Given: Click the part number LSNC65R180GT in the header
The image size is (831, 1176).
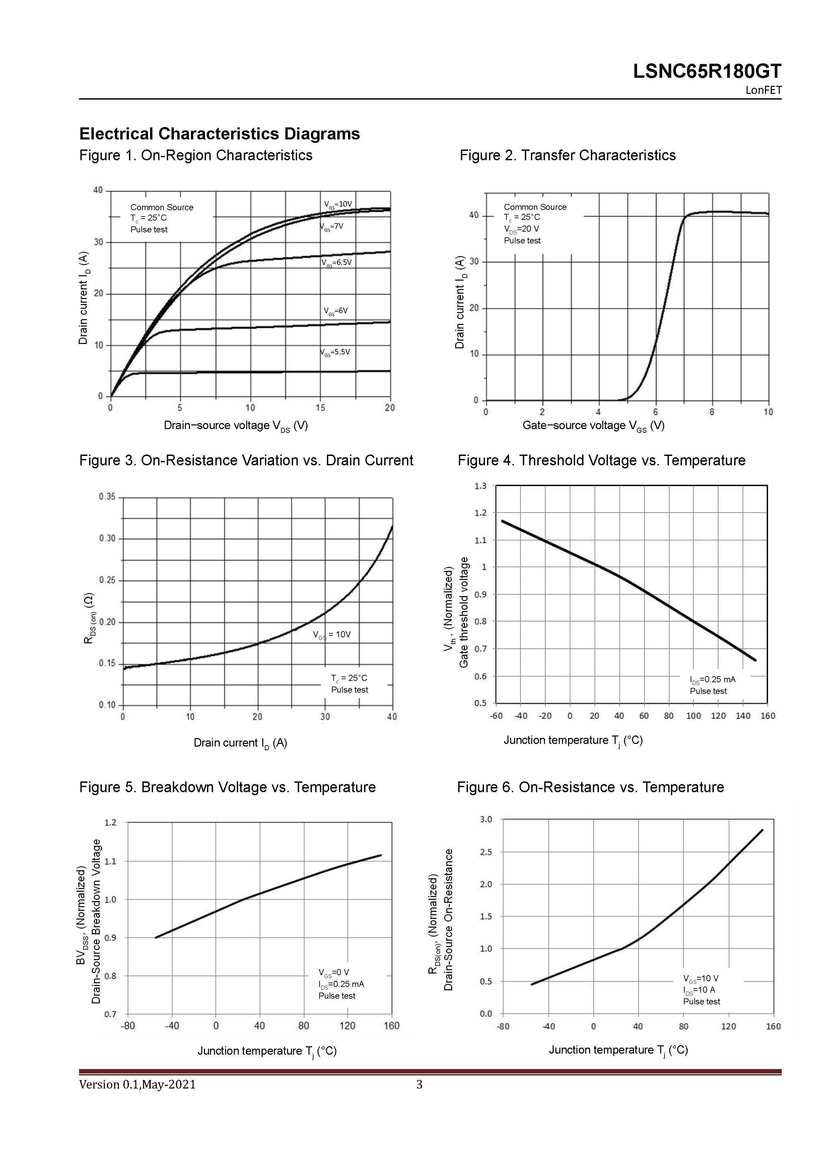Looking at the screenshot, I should (x=707, y=71).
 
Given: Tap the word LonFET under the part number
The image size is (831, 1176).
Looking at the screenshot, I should (x=763, y=90).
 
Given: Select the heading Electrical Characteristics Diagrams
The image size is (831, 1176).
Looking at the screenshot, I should (x=219, y=134).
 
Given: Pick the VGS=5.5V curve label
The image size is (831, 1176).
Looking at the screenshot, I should (x=335, y=352).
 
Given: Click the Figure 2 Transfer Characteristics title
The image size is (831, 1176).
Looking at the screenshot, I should (x=567, y=155).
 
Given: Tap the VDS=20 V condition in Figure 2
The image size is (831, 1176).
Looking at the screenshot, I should (x=522, y=229).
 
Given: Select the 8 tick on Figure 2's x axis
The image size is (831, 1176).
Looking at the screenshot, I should (x=712, y=412).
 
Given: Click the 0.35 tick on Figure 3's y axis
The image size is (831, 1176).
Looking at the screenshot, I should (x=108, y=497).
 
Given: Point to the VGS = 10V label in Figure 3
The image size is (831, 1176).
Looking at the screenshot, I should (x=332, y=635).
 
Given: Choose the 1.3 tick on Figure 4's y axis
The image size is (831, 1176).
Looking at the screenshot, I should (x=481, y=485).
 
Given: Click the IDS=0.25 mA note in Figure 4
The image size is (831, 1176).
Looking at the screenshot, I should (x=712, y=680).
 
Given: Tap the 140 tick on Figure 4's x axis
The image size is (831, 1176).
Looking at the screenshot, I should (x=743, y=716).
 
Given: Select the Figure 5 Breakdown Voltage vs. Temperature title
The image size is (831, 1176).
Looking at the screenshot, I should (x=227, y=787).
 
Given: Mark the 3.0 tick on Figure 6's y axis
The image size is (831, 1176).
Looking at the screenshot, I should (x=486, y=820).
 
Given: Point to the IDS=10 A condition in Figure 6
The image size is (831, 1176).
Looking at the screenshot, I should (x=699, y=990).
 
